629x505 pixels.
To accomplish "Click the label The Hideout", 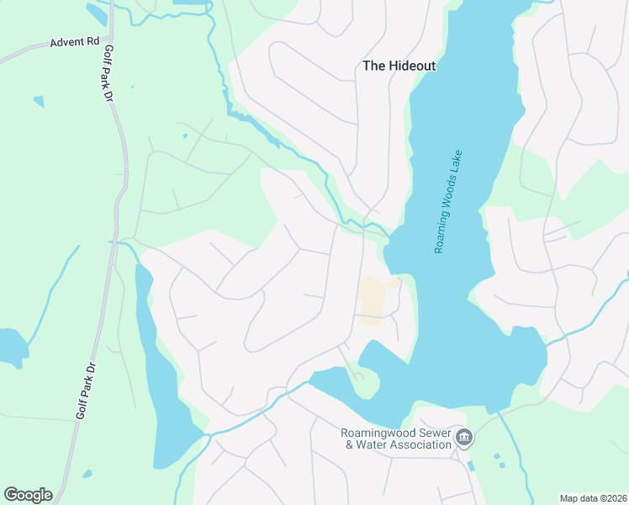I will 399,65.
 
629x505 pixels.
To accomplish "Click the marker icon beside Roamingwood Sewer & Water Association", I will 465,438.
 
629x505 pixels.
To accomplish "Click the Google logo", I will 28,495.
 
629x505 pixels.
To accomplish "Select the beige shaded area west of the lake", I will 371,301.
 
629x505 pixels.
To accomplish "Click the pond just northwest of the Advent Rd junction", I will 96,13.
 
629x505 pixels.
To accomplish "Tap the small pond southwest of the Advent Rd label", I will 39,102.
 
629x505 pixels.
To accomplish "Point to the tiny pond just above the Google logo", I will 87,473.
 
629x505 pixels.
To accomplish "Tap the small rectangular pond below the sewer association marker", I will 469,465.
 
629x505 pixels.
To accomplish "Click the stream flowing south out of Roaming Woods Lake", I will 514,454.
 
